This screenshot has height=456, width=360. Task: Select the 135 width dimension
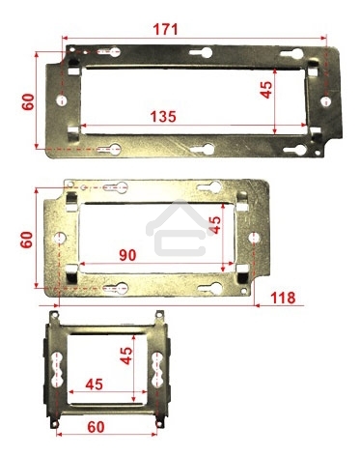[162, 117]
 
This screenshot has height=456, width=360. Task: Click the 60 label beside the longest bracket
[27, 100]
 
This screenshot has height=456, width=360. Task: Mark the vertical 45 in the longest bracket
[266, 92]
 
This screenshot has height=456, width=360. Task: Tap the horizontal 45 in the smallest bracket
[95, 385]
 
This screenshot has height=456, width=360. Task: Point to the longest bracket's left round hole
[62, 100]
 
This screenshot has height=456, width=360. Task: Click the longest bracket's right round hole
[325, 97]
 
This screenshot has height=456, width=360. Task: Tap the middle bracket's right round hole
[254, 237]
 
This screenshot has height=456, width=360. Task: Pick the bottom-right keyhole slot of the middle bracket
[205, 286]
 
